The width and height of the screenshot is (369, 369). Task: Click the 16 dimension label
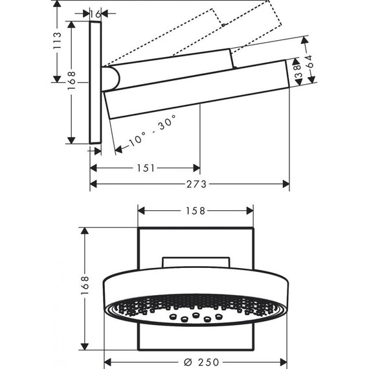(95, 13)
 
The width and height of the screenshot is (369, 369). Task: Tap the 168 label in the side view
(73, 78)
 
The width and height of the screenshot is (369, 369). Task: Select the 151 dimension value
(146, 168)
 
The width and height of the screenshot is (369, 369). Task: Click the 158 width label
(196, 210)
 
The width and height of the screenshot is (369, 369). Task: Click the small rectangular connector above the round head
(196, 261)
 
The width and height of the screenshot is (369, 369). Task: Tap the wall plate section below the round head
(196, 337)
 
